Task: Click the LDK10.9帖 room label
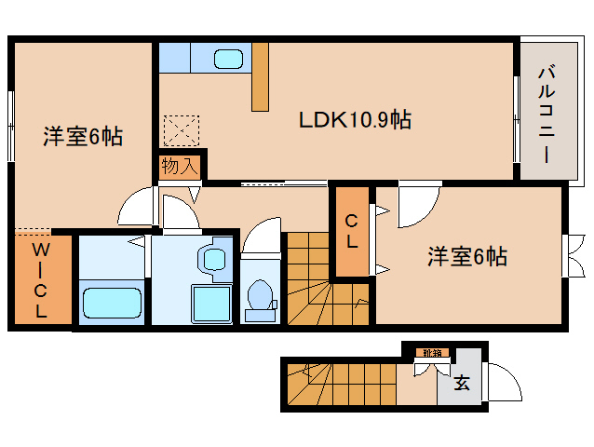355,119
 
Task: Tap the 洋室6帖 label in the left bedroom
82,137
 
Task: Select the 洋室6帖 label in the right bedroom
467,257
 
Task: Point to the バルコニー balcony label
547,111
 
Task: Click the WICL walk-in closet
42,280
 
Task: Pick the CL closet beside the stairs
352,232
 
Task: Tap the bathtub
111,303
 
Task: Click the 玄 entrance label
461,382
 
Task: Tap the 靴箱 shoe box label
432,353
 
